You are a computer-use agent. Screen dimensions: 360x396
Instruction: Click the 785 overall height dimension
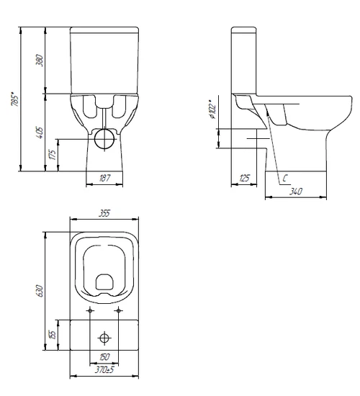pyautogui.click(x=15, y=100)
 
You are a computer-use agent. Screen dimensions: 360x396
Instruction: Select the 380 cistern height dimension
pyautogui.click(x=40, y=60)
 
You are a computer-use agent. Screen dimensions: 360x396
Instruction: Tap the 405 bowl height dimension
pyautogui.click(x=40, y=132)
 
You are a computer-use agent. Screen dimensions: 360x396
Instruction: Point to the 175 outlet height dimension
pyautogui.click(x=53, y=155)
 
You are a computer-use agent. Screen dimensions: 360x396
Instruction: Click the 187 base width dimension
pyautogui.click(x=104, y=178)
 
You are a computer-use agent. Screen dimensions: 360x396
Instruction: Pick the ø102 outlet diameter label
pyautogui.click(x=212, y=110)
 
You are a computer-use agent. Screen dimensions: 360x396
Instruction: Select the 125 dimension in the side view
pyautogui.click(x=244, y=179)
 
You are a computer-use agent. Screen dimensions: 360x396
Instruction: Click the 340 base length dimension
pyautogui.click(x=296, y=192)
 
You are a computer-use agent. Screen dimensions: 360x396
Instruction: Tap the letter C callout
pyautogui.click(x=285, y=179)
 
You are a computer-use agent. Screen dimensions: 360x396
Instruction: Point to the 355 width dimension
pyautogui.click(x=104, y=213)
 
